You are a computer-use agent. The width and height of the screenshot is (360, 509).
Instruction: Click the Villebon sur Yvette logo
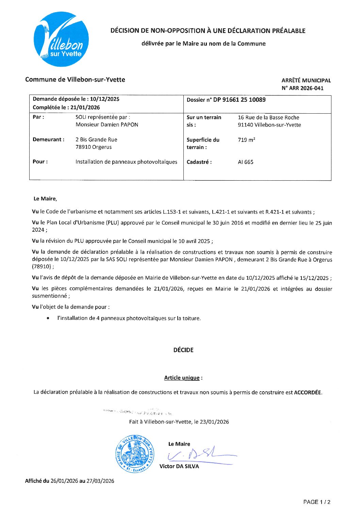tap(61, 39)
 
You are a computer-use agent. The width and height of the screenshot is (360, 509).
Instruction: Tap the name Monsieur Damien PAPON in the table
tap(107, 125)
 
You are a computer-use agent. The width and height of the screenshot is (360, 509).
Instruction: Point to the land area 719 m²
tap(246, 140)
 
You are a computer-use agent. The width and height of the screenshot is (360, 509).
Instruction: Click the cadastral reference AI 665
tap(245, 162)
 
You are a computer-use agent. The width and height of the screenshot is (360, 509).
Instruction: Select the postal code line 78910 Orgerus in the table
tap(94, 147)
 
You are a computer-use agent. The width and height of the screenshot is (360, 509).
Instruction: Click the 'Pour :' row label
tap(40, 162)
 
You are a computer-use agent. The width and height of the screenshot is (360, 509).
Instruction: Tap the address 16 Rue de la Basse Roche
tap(268, 117)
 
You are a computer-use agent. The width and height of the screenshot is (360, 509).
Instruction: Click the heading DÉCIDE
tap(183, 350)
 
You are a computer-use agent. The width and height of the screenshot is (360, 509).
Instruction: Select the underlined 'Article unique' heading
tap(182, 378)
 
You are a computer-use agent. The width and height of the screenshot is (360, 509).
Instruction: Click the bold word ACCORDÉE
tap(307, 392)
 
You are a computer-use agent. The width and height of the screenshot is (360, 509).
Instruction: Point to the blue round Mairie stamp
tap(134, 454)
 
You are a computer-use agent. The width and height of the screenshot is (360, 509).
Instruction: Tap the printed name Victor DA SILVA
tap(179, 466)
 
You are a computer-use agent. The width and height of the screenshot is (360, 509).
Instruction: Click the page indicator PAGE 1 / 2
tap(316, 502)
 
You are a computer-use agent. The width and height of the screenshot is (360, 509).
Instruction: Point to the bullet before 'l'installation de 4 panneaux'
tap(48, 318)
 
